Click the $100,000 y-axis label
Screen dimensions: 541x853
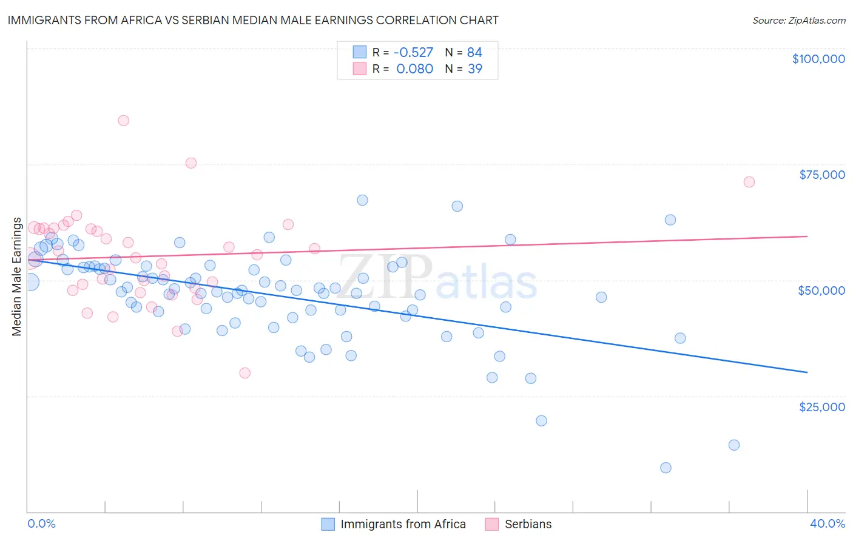818,59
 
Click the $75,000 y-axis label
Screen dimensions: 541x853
822,175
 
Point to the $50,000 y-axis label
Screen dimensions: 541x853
821,291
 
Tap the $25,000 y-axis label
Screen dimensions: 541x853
822,406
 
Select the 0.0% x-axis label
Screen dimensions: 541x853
42,523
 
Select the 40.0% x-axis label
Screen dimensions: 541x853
828,523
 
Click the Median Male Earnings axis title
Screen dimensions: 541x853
17,277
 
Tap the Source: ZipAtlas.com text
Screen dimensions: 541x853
799,20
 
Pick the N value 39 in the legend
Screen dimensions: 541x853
475,69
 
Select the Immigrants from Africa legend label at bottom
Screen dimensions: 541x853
403,524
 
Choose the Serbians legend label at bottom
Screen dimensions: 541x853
528,524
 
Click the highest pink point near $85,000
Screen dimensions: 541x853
124,120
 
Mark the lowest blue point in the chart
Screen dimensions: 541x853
666,468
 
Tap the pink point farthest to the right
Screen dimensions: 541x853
749,182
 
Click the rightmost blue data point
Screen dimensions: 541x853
734,445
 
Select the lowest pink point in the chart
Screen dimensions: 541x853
245,373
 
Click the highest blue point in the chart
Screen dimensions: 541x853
362,200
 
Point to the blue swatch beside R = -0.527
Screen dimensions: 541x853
360,53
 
